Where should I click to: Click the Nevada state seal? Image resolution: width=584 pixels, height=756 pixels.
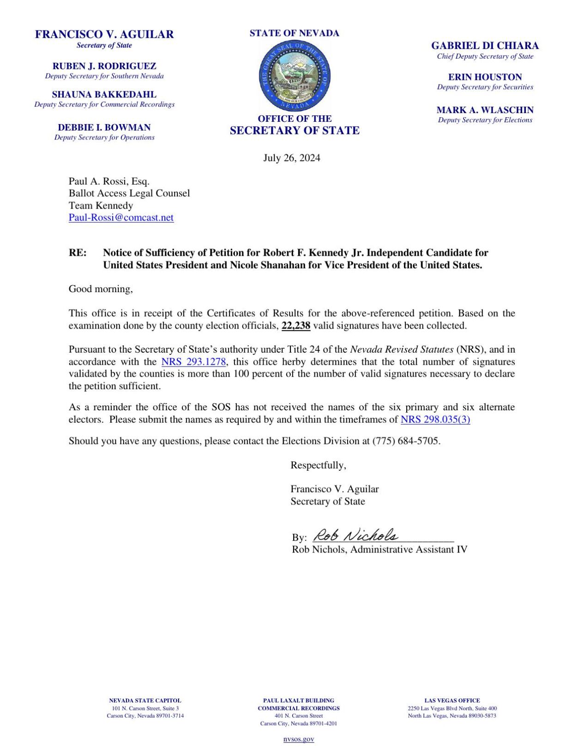click(x=294, y=76)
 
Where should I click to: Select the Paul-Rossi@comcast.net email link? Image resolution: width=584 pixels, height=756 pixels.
click(x=121, y=217)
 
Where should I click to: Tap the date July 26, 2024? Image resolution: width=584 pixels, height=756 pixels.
click(x=291, y=158)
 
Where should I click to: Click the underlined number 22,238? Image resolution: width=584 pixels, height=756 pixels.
click(x=295, y=325)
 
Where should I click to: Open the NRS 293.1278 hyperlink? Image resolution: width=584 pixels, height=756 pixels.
click(x=193, y=361)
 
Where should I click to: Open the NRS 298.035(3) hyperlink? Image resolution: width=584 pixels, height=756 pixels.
click(x=435, y=419)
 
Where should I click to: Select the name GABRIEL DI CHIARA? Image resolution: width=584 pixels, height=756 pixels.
click(x=485, y=46)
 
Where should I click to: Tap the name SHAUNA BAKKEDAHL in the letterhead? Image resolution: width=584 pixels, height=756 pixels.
click(x=104, y=95)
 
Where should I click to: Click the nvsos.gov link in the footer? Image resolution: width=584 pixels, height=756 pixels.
click(x=298, y=739)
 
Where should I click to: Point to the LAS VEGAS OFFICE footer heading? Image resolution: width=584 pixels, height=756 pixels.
click(x=452, y=700)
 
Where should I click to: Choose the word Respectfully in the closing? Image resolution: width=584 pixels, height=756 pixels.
click(x=318, y=465)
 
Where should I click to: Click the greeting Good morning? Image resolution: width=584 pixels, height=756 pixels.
click(x=100, y=289)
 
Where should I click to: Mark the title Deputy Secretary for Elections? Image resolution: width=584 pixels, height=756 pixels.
click(x=485, y=120)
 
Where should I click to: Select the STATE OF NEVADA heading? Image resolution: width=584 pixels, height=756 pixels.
click(x=294, y=33)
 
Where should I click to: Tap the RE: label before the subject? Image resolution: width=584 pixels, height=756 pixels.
click(x=78, y=252)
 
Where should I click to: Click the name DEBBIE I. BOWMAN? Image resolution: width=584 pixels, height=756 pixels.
click(x=104, y=127)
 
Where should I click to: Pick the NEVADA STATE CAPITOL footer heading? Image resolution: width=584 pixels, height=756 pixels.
click(x=145, y=700)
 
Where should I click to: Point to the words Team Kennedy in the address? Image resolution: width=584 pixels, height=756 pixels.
click(x=101, y=205)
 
